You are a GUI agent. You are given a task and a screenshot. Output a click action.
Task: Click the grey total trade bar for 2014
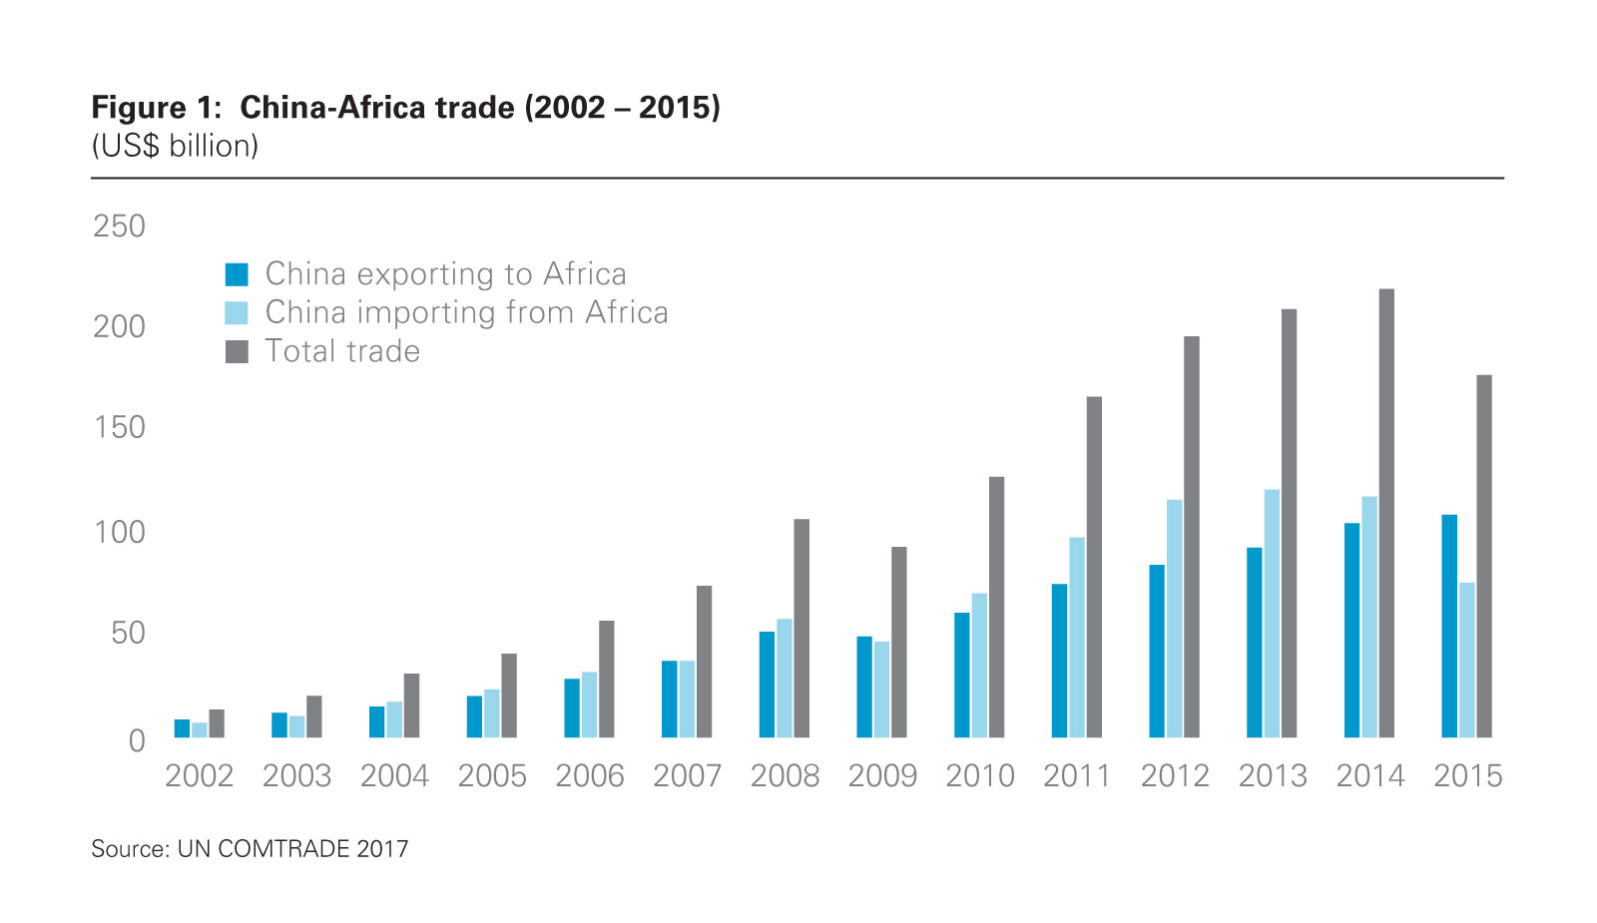[x=1386, y=513]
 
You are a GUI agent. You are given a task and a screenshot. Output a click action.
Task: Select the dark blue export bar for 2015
[x=1449, y=626]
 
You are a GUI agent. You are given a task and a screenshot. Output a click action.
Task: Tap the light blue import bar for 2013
[x=1272, y=613]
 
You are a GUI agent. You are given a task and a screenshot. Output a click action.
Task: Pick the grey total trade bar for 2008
[x=801, y=628]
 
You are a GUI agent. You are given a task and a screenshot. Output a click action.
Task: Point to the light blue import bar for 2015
[x=1466, y=660]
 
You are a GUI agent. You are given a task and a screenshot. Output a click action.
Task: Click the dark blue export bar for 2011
[x=1059, y=661]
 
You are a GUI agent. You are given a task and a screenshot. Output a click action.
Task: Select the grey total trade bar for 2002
[x=217, y=723]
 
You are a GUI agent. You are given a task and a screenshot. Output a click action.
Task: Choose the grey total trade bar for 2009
[x=899, y=642]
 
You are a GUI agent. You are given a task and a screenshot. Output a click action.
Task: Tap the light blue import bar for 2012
[x=1174, y=618]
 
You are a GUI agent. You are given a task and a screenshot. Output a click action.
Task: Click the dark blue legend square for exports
[x=237, y=274]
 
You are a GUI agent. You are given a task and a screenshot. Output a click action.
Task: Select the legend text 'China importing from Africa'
[x=466, y=312]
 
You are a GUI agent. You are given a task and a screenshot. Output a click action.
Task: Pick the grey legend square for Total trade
[x=237, y=351]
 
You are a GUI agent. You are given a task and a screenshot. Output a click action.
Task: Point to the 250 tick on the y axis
[x=119, y=227]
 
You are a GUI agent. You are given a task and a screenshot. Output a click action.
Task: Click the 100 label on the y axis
[x=119, y=532]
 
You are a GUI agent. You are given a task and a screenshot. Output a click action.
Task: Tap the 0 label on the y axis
[x=137, y=740]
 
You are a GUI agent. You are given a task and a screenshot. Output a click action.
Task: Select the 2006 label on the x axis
[x=589, y=775]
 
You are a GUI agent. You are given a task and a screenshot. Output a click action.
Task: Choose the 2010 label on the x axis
[x=979, y=775]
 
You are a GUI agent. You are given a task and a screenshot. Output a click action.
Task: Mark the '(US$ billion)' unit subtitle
[x=175, y=146]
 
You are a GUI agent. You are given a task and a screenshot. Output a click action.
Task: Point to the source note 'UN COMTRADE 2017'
[x=292, y=849]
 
